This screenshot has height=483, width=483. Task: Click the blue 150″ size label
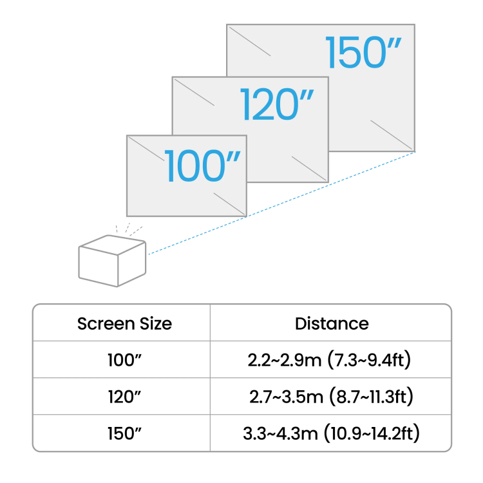363,53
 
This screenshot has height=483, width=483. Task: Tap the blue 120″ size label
277,105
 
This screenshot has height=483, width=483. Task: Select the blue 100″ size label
202,167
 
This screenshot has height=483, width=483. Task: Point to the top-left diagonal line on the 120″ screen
194,91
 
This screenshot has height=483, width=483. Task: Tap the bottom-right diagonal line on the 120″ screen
310,169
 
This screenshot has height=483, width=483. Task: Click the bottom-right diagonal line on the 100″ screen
230,204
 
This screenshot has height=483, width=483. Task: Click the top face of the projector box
112,245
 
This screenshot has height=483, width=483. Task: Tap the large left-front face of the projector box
98,265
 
